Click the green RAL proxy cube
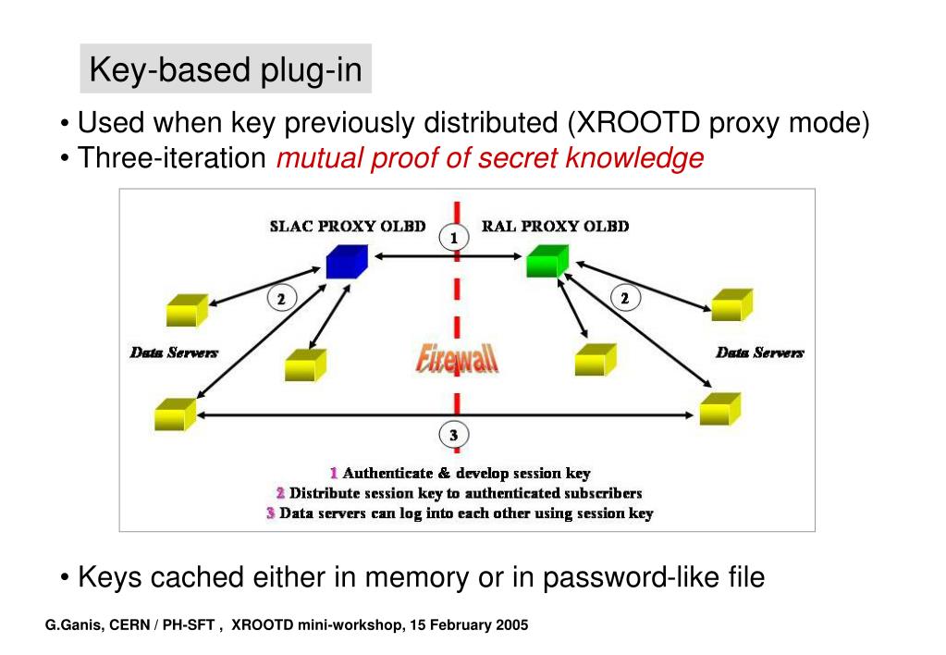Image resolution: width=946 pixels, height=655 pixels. (x=547, y=260)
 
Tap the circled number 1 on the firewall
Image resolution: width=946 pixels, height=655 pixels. (x=453, y=238)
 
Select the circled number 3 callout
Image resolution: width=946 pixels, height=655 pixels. (x=453, y=434)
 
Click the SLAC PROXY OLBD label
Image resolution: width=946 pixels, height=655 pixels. (x=347, y=227)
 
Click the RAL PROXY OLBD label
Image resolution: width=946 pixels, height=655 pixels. (x=556, y=227)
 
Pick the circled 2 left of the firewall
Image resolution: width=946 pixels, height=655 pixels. (x=282, y=298)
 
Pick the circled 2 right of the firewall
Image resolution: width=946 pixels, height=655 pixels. (x=625, y=298)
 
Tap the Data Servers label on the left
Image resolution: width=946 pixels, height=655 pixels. (x=174, y=352)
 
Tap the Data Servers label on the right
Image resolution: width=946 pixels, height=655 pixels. (x=760, y=352)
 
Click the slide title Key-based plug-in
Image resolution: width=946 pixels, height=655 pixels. (x=226, y=69)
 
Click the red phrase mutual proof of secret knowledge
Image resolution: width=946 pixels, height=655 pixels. (x=490, y=159)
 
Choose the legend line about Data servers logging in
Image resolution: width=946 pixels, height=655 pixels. (x=460, y=513)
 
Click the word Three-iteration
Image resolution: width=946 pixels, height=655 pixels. (x=172, y=159)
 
